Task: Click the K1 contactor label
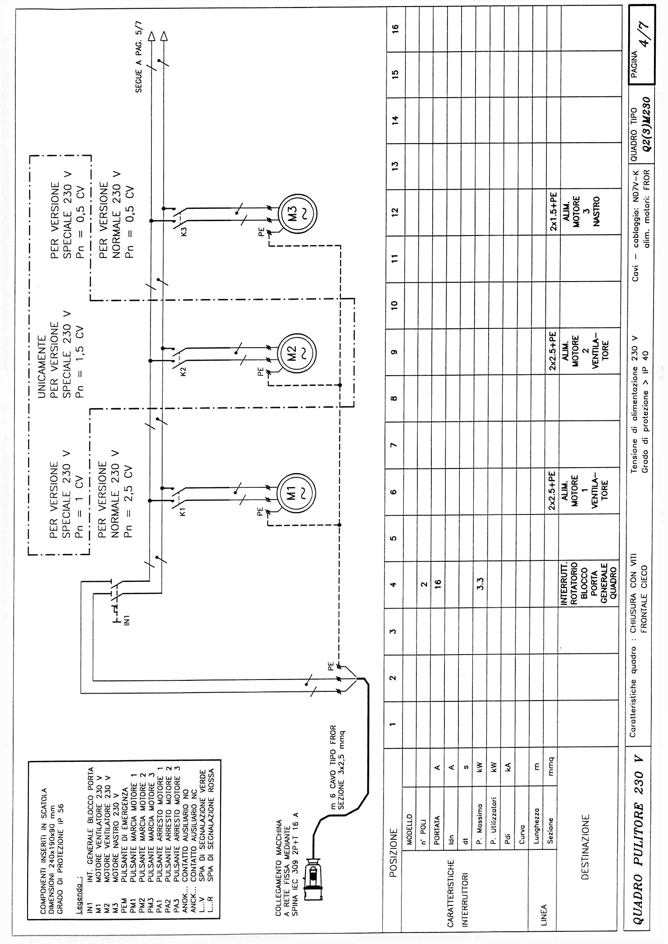coord(183,511)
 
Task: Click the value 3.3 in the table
coord(480,584)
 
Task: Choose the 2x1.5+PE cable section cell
coord(553,212)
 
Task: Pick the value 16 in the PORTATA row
coord(437,583)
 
